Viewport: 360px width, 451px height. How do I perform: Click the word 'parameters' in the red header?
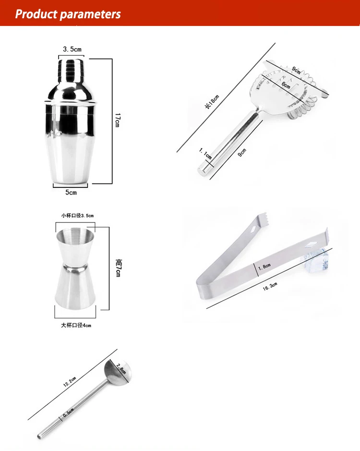click(x=91, y=14)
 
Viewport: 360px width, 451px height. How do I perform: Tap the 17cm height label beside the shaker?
click(x=117, y=120)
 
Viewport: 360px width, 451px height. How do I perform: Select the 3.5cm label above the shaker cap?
click(x=72, y=49)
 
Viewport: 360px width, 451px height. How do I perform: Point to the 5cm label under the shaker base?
click(x=71, y=192)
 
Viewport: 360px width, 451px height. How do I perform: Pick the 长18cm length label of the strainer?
click(x=212, y=101)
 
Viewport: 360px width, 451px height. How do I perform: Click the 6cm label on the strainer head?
click(x=286, y=85)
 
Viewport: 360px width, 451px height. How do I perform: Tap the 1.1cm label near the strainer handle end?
click(x=205, y=153)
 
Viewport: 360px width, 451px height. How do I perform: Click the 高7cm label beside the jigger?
click(x=118, y=268)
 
